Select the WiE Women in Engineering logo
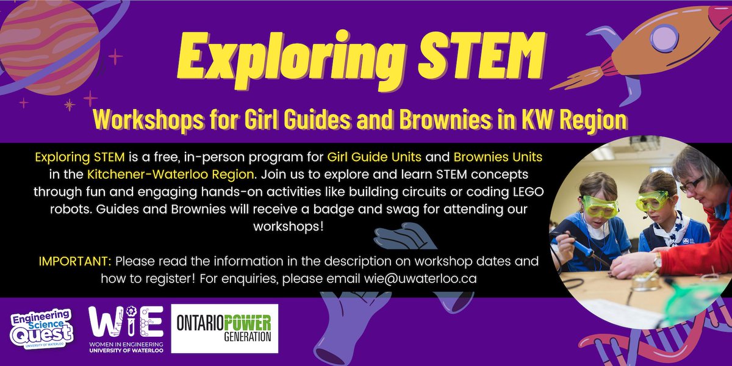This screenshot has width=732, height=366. click(x=126, y=330)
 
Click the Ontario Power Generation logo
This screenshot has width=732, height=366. click(x=224, y=329)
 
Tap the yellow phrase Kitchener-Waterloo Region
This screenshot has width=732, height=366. click(x=170, y=174)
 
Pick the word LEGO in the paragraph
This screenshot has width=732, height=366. click(x=526, y=192)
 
